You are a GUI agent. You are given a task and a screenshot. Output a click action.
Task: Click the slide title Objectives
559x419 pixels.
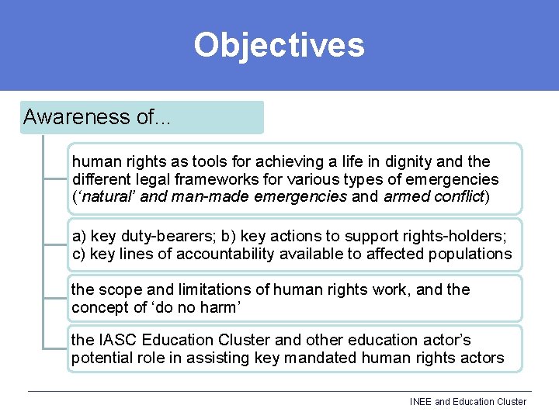pyautogui.click(x=279, y=45)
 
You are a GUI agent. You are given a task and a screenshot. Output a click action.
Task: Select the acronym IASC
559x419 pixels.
pyautogui.click(x=117, y=340)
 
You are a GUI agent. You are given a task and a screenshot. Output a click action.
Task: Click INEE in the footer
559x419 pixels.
pyautogui.click(x=421, y=402)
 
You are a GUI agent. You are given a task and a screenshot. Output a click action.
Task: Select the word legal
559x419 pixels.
pyautogui.click(x=148, y=179)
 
